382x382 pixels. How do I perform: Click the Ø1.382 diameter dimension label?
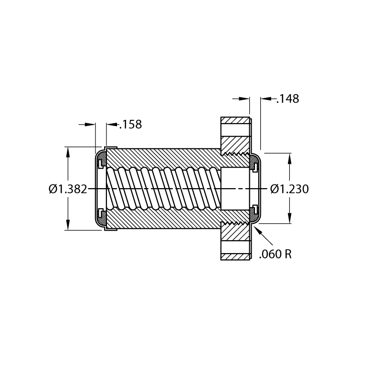68,189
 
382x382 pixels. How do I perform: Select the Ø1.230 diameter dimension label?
289,189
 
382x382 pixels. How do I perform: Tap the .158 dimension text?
130,124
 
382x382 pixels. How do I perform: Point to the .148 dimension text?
288,99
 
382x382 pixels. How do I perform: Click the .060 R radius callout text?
276,254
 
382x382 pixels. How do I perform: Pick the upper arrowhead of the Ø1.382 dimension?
68,152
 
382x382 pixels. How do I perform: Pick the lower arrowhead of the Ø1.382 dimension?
68,224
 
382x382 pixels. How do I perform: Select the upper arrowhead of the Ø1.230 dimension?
289,159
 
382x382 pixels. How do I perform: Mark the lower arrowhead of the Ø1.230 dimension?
289,218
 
